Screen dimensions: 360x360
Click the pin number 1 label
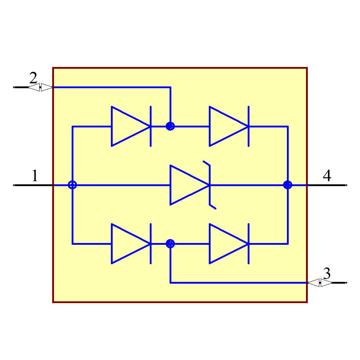point(35,176)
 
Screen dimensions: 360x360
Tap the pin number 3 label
point(327,274)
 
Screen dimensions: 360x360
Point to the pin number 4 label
point(327,176)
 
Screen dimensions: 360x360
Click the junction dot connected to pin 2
point(170,126)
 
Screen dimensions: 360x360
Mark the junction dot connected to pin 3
point(170,244)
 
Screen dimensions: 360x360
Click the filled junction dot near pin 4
point(287,185)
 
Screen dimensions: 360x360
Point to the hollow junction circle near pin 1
point(72,185)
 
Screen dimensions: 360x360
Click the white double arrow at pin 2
point(40,87)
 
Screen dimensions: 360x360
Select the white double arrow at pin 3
point(320,283)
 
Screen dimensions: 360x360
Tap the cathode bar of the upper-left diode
point(150,126)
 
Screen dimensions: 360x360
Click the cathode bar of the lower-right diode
point(248,244)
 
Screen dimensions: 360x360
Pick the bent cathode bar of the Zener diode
point(210,185)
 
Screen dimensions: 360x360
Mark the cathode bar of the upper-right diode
point(248,126)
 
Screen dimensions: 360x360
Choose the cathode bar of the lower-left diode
point(150,244)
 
